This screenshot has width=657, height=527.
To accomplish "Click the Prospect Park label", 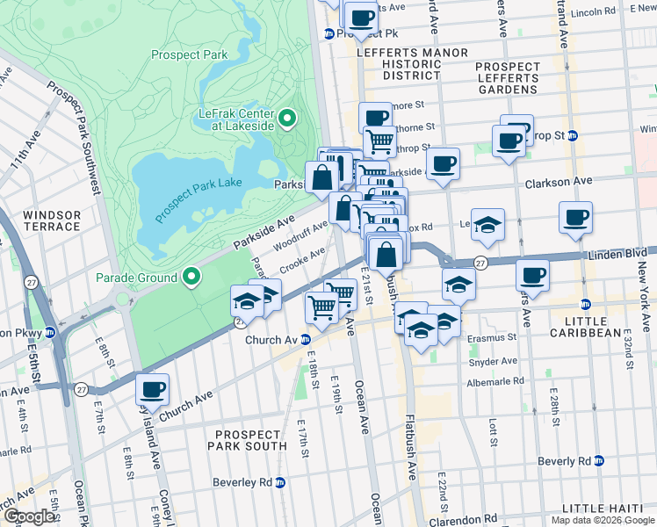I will pyautogui.click(x=189, y=54).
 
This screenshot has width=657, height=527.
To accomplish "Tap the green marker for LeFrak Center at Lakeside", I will pyautogui.click(x=288, y=118).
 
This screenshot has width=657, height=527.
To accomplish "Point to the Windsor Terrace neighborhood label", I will pyautogui.click(x=52, y=220).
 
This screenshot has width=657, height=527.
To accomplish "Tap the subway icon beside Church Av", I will pyautogui.click(x=305, y=340).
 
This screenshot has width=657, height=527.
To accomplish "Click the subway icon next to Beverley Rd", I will pyautogui.click(x=280, y=482).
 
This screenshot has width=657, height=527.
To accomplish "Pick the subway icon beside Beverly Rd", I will pyautogui.click(x=599, y=461).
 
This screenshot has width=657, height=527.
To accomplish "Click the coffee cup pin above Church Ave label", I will pyautogui.click(x=152, y=390).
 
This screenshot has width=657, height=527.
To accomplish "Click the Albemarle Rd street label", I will pyautogui.click(x=495, y=382).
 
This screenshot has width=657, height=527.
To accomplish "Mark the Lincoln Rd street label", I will pyautogui.click(x=592, y=12).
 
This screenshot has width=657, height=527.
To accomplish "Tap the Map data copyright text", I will pyautogui.click(x=603, y=520).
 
